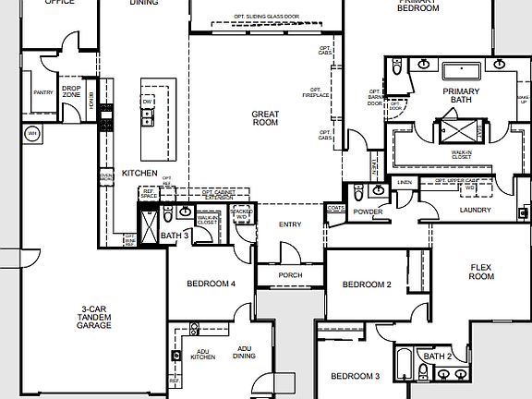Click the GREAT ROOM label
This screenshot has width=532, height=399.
pyautogui.click(x=265, y=117)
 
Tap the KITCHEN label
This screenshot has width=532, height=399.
pyautogui.click(x=139, y=173)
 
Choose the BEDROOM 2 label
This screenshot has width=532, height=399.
pyautogui.click(x=368, y=284)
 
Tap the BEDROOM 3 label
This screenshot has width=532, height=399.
pyautogui.click(x=356, y=376)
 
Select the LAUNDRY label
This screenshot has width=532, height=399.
pyautogui.click(x=477, y=211)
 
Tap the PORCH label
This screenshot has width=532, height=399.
pyautogui.click(x=290, y=275)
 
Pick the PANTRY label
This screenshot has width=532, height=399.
pyautogui.click(x=42, y=92)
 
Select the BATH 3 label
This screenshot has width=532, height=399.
pyautogui.click(x=175, y=236)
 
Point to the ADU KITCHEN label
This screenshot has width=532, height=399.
pyautogui.click(x=202, y=353)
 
